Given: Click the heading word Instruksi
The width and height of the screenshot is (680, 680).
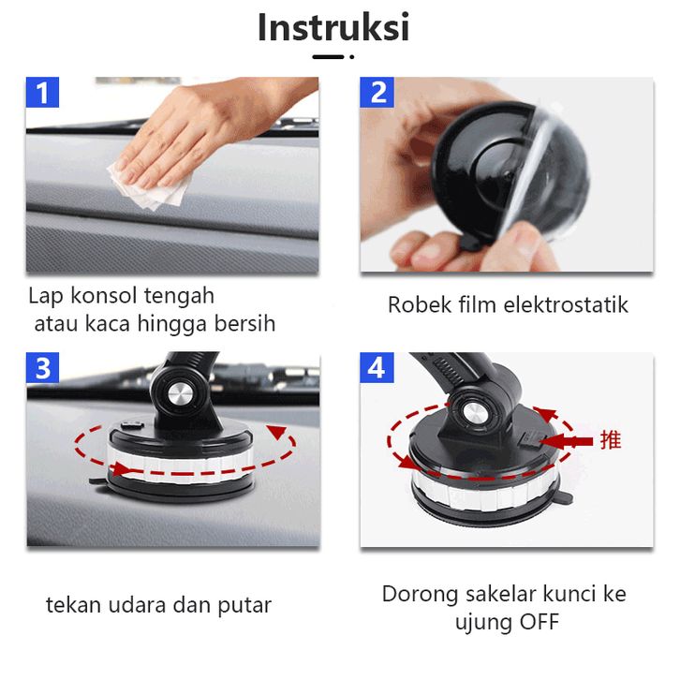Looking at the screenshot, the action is point(333,27).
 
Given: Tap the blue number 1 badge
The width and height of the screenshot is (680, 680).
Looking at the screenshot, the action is point(42,92).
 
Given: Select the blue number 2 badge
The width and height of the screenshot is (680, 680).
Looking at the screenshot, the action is point(377,92).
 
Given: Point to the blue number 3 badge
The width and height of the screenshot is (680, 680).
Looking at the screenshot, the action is point(42,368).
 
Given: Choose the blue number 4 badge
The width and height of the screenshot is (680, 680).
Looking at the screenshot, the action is point(377,368).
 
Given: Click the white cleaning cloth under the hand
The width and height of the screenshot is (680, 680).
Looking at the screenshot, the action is point(152,185).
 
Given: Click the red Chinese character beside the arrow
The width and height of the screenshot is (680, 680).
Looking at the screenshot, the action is point(611,440).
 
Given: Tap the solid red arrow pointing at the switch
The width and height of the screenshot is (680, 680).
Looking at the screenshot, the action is point(566,441).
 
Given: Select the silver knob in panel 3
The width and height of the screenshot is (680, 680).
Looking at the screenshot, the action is point(181,395).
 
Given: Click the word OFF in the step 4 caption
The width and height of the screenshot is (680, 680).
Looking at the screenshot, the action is point(540,622).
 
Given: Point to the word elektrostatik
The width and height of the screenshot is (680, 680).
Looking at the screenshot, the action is point(566,304).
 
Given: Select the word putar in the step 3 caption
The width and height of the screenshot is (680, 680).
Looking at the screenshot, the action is point(244,606).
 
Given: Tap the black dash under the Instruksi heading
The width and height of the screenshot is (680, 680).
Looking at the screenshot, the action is point(328,57).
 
